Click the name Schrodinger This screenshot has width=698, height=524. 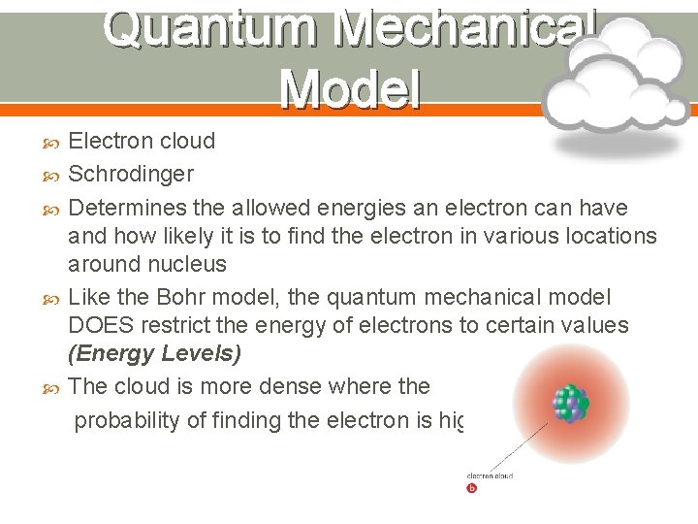132,175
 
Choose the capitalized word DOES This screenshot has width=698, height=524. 102,325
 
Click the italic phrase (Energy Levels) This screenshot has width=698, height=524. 154,353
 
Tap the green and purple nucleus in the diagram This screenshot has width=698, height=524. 570,404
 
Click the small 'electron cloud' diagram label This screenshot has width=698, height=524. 490,475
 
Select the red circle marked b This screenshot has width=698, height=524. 472,489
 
